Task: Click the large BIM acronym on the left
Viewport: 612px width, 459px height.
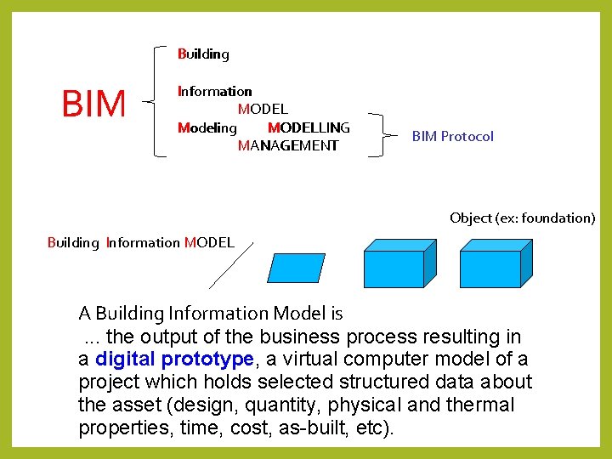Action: point(93,105)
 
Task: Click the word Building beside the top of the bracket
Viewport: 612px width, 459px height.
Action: point(203,54)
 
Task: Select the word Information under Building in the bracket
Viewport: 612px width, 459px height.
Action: point(214,91)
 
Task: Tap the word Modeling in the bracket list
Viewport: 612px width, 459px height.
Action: point(207,127)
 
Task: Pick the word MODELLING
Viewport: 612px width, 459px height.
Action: point(309,127)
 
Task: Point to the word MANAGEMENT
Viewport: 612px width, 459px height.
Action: point(288,145)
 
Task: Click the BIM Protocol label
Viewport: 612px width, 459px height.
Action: point(452,136)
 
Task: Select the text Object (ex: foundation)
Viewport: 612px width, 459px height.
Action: point(522,218)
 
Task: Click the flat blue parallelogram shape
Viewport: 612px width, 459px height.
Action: point(296,268)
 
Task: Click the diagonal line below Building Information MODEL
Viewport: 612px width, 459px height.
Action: point(230,267)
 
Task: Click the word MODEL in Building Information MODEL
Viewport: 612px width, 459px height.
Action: point(208,242)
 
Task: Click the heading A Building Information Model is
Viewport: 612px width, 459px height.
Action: point(211,313)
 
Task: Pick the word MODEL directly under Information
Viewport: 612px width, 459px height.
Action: point(263,109)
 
